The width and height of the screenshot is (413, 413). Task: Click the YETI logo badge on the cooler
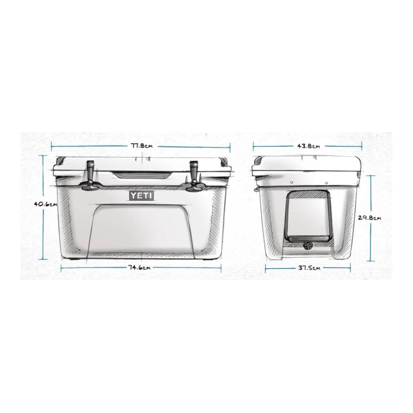[x=141, y=195]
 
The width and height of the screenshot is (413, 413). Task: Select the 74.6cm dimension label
[x=139, y=268]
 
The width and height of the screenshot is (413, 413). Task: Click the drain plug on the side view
[x=308, y=246]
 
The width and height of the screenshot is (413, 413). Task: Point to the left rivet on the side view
[x=291, y=182]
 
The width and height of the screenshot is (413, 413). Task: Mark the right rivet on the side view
[x=326, y=182]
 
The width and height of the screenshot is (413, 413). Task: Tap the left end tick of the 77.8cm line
[x=51, y=145]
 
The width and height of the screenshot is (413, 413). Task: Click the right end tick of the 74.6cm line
[x=221, y=268]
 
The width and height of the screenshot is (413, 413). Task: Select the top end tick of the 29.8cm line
[x=370, y=176]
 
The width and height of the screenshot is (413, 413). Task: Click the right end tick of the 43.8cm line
[x=362, y=145]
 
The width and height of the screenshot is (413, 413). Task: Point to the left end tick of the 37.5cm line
[x=266, y=268]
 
